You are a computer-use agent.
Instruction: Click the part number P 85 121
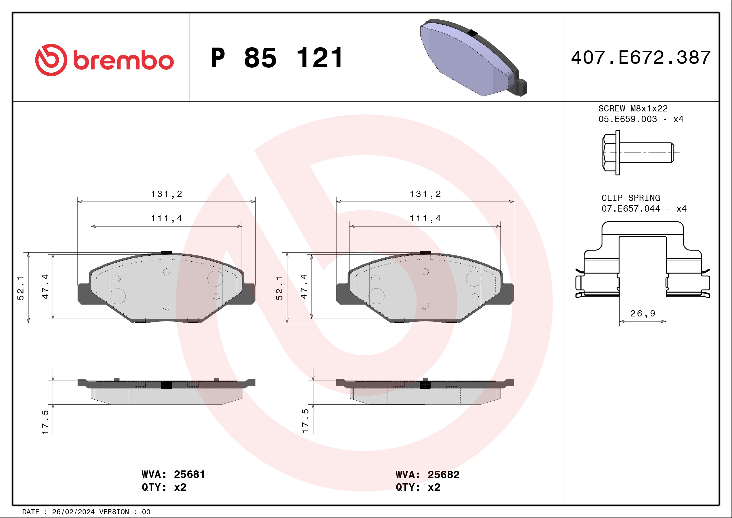point(277,58)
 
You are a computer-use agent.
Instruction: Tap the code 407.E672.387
point(641,58)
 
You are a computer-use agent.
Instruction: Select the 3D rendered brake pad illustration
point(473,58)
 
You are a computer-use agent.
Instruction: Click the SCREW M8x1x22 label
point(633,108)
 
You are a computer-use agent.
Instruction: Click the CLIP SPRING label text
point(631,198)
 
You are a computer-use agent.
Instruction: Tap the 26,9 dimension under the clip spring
point(643,314)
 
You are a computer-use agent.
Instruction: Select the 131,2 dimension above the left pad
point(166,194)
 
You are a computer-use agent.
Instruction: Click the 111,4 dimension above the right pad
point(425,218)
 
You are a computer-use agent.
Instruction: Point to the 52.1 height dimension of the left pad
point(21,288)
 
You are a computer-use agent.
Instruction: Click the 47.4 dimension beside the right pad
point(304,286)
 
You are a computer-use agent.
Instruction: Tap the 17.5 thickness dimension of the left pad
point(45,422)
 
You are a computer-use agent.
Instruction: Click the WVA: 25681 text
point(173,474)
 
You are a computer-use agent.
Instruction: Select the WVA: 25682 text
point(427,474)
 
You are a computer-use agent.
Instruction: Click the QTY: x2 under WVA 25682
point(418,487)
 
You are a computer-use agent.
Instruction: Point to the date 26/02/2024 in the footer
point(73,512)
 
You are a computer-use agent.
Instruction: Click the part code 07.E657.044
point(630,208)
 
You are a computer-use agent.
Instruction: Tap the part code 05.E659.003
point(628,119)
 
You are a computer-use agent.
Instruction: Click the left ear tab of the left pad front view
point(84,294)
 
